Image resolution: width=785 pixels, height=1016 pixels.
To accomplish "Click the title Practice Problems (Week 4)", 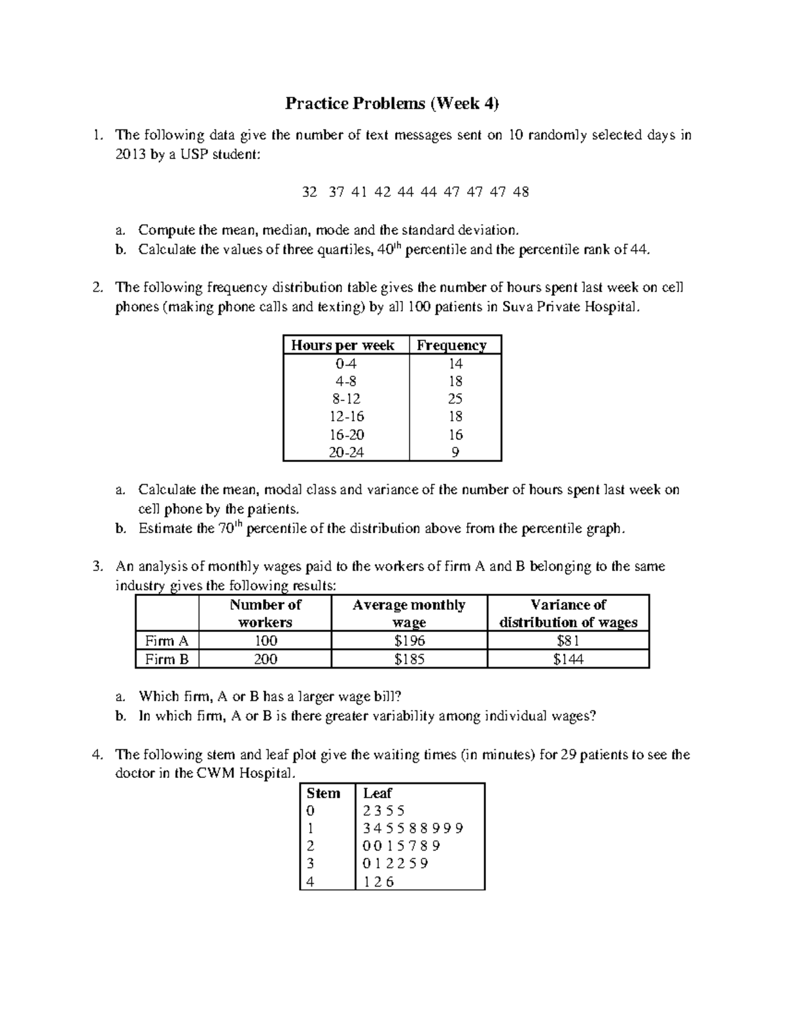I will (392, 103).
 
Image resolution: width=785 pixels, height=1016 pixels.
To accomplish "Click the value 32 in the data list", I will (309, 192).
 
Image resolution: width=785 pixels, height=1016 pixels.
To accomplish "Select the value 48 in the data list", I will (521, 192).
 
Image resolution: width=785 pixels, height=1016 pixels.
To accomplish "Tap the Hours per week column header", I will (342, 345).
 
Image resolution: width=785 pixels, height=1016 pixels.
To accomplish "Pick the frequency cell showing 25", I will (455, 399).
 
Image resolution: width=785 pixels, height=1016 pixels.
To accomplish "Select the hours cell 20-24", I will (347, 452).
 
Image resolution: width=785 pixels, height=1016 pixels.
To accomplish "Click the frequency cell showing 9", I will (455, 452).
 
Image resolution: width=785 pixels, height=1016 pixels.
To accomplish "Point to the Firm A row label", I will (167, 641).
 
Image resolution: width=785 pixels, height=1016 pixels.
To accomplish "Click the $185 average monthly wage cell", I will (410, 659).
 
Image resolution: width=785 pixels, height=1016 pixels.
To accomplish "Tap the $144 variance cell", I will (568, 659).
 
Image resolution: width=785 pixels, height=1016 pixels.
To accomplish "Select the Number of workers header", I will (265, 613).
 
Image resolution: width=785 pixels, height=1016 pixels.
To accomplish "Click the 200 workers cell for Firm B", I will (265, 659).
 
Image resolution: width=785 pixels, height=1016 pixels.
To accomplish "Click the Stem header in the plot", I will (323, 793).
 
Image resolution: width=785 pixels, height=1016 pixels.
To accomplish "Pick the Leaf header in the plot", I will (377, 793).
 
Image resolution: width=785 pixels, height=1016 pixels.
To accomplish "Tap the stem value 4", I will (310, 881).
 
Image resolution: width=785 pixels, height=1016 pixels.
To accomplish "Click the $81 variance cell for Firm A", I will (568, 641).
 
